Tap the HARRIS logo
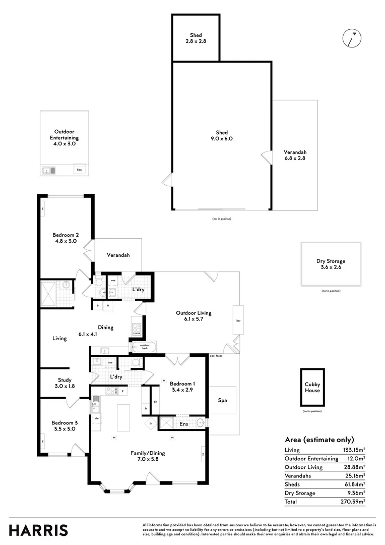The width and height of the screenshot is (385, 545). coord(38,530)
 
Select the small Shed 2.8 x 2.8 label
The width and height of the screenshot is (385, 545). coord(196,38)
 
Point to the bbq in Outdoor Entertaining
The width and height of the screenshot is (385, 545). coord(79,170)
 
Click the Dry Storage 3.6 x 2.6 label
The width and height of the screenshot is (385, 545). coord(331,264)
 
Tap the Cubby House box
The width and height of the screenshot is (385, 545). coord(312,388)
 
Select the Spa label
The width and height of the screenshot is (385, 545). coord(223,400)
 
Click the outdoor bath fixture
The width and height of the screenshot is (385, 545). coord(144,347)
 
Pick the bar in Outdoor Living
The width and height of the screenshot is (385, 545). coord(238,320)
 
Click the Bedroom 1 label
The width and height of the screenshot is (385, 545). coord(182,387)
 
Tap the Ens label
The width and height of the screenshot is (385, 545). coord(184,424)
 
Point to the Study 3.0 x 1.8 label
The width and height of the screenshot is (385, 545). coord(65,383)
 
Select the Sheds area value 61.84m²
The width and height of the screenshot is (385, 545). coord(353,484)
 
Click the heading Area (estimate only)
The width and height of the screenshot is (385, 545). coord(319,440)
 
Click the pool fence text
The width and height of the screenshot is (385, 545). coord(217,356)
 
